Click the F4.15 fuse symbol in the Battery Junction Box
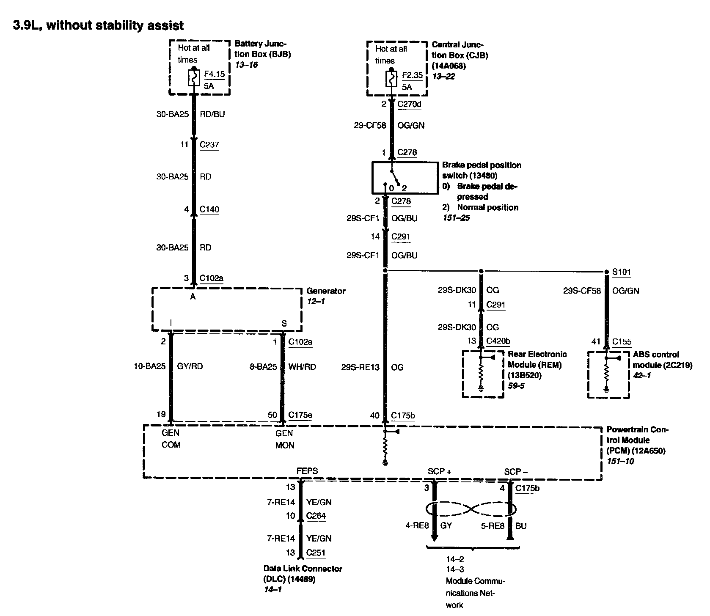(194, 78)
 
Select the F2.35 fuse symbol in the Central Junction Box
(391, 79)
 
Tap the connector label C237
(209, 145)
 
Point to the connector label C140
(209, 209)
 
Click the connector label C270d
(410, 104)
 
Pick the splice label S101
(622, 272)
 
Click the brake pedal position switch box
(405, 178)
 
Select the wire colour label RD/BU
(212, 114)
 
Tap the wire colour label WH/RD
(302, 367)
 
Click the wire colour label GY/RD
(190, 366)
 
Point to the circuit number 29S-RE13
(361, 367)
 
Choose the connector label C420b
(498, 341)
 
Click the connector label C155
(621, 342)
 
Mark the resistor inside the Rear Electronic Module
(481, 373)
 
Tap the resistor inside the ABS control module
(606, 374)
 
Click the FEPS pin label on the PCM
(307, 471)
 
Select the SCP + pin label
(440, 472)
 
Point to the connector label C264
(316, 516)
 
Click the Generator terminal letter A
(193, 297)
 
